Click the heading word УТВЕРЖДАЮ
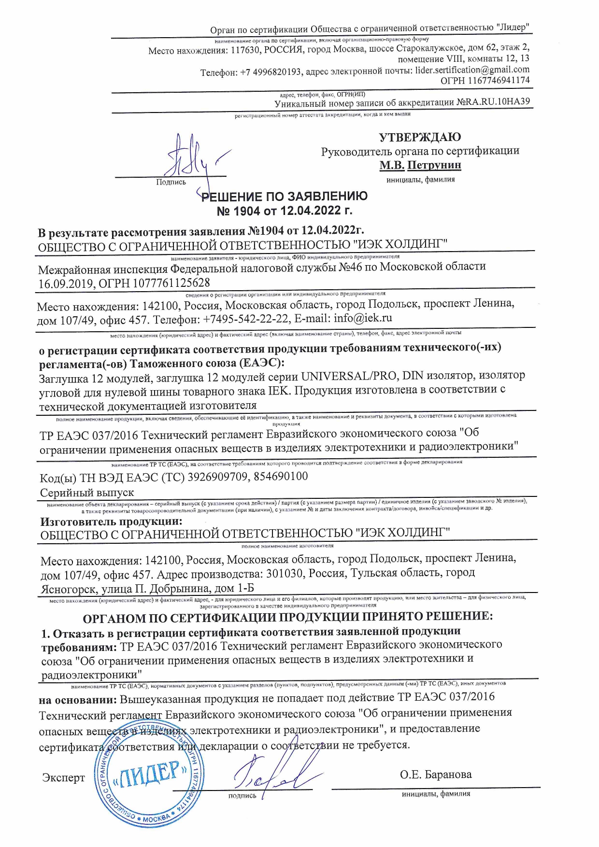[x=419, y=137]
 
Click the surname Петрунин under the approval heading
[x=434, y=165]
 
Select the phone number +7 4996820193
[x=271, y=72]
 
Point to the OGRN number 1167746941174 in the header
[x=498, y=81]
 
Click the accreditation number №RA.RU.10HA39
[x=493, y=102]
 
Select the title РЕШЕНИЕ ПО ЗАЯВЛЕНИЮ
[x=285, y=197]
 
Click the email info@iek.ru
[x=362, y=318]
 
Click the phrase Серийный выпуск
[x=87, y=493]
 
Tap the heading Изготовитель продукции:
[x=112, y=522]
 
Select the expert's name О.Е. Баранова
[x=436, y=775]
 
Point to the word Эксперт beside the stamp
[x=63, y=777]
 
